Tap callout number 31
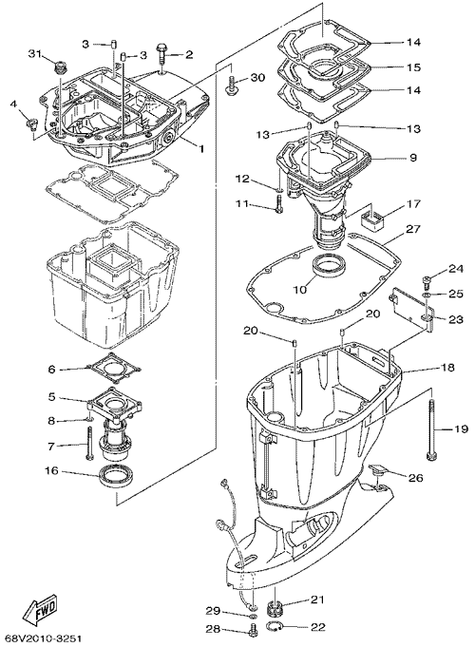[x=35, y=53]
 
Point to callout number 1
[x=201, y=148]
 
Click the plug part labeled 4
[x=30, y=124]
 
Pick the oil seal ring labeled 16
[x=117, y=476]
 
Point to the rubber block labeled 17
[x=374, y=218]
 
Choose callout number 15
[x=412, y=67]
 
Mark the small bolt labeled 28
[x=252, y=628]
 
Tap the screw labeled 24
[x=427, y=281]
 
